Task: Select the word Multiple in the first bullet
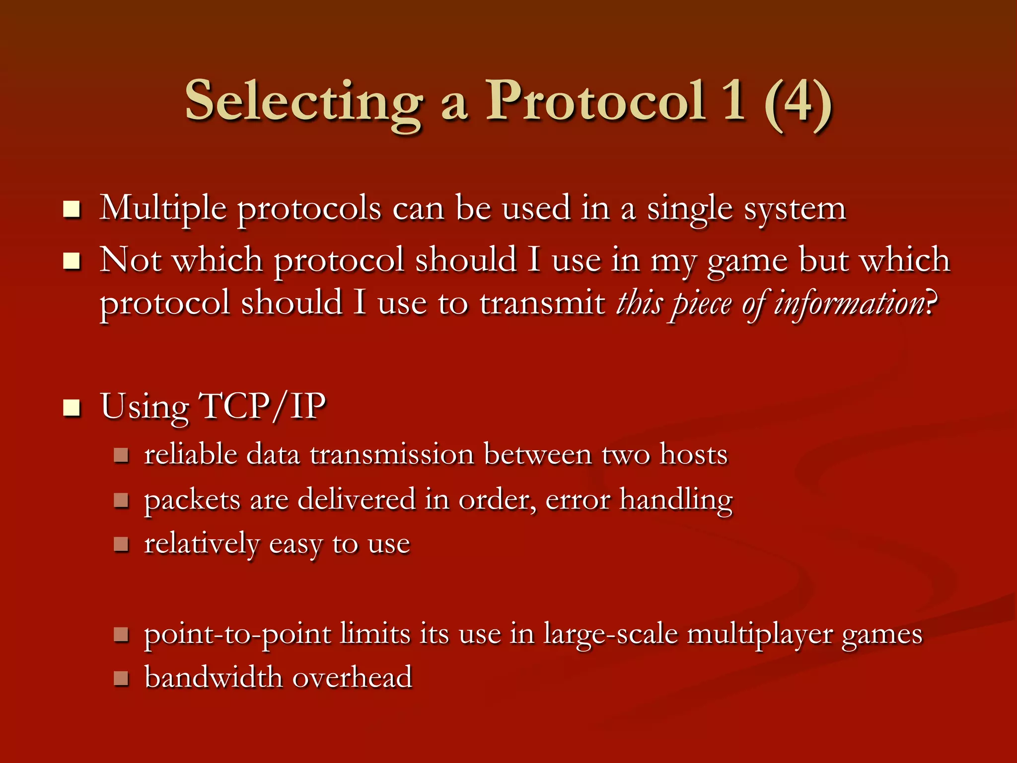click(x=163, y=209)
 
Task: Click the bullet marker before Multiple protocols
click(x=72, y=210)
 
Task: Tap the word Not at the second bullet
click(x=130, y=260)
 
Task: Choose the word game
click(x=747, y=261)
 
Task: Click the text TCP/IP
click(x=262, y=406)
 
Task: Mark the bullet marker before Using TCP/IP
click(x=72, y=408)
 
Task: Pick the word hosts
click(x=693, y=454)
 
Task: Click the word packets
click(x=192, y=500)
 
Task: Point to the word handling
click(x=676, y=500)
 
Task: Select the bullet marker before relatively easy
click(x=121, y=544)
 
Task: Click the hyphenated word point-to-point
click(x=237, y=635)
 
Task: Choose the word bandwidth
click(x=213, y=678)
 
